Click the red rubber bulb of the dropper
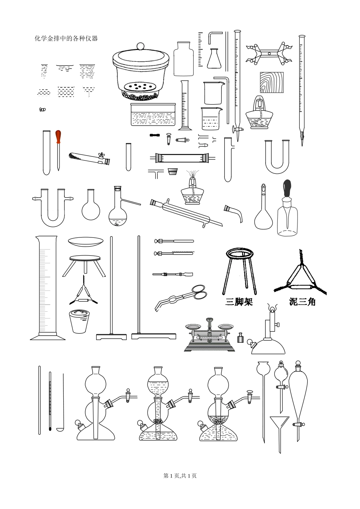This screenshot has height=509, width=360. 58,137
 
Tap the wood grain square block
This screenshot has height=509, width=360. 272,83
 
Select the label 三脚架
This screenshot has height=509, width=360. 239,302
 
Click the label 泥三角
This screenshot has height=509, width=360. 302,302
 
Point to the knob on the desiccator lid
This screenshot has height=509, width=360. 141,46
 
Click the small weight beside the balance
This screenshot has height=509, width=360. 240,338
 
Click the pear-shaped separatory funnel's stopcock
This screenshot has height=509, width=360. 299,423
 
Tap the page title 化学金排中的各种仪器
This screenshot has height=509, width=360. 66,39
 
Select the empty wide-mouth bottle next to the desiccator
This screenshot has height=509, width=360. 183,59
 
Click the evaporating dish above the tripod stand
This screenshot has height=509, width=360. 86,242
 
